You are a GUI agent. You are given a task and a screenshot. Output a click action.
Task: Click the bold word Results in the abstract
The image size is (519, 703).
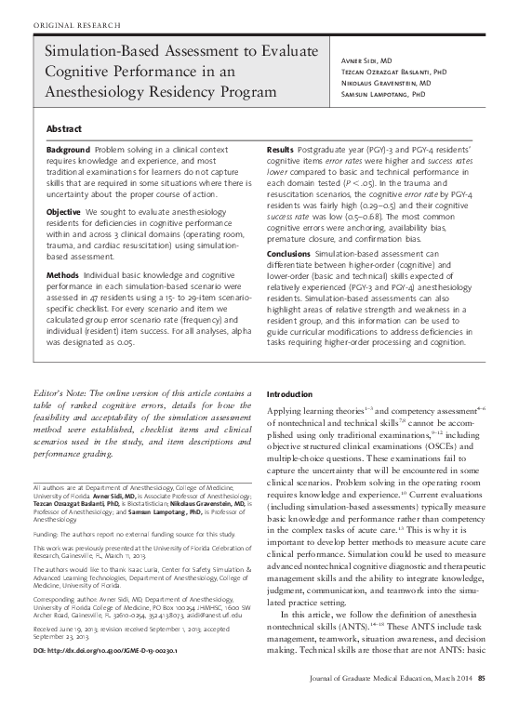pyautogui.click(x=280, y=150)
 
